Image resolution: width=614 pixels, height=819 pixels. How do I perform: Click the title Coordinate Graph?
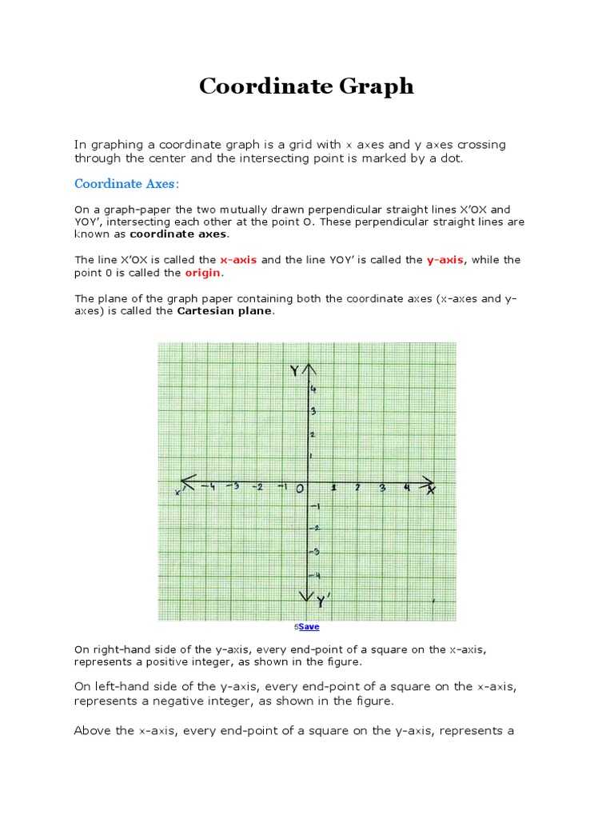coord(306,86)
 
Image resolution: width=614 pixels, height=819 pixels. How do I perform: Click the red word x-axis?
coord(238,260)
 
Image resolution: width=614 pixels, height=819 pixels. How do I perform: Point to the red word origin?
coord(202,273)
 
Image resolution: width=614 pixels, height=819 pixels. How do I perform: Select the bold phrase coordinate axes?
coord(178,234)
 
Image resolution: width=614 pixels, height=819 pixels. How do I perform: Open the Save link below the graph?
coord(309,627)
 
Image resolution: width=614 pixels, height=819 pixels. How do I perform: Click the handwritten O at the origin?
coord(300,489)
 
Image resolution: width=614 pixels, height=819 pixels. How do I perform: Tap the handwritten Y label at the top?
coord(294,371)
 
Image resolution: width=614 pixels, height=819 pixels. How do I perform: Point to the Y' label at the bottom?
coord(321,600)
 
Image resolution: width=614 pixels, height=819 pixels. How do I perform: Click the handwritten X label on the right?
coord(431,489)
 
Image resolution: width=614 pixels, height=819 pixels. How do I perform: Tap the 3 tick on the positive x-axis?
coord(382,487)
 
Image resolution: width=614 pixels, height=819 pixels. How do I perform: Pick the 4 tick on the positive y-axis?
coord(314,389)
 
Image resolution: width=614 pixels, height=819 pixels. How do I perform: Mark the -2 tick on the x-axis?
coord(257,487)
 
